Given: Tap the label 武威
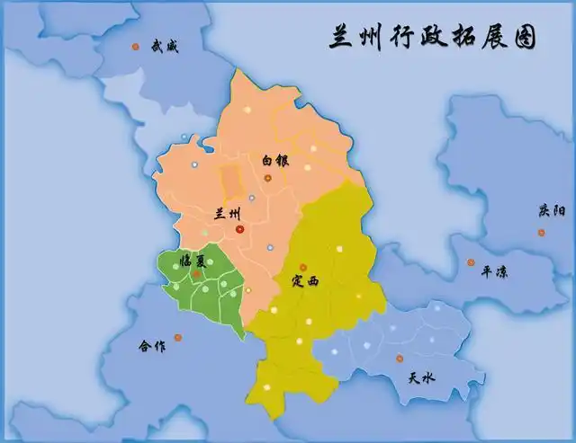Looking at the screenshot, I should coord(165,46).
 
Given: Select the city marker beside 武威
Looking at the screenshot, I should coord(136,47).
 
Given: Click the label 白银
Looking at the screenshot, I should coord(274,160).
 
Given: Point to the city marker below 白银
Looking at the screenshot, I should coord(267,178).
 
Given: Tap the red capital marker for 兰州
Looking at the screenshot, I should coord(239,229).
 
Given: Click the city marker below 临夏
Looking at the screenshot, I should coord(196,273).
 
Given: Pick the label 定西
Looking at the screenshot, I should coord(305,281).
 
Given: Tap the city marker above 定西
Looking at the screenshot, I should coord(302,267).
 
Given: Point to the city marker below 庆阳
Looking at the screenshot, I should coord(541,232).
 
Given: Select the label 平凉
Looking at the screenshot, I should coord(494,270).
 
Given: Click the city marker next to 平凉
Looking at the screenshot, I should coord(470,262).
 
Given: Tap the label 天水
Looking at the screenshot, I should coord(421,378).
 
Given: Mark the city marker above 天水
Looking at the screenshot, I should coord(399,359).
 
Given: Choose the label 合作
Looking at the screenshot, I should coord(152,346).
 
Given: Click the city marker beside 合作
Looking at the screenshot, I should coord(177,337).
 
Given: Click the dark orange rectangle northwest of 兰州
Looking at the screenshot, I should coord(231,179).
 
